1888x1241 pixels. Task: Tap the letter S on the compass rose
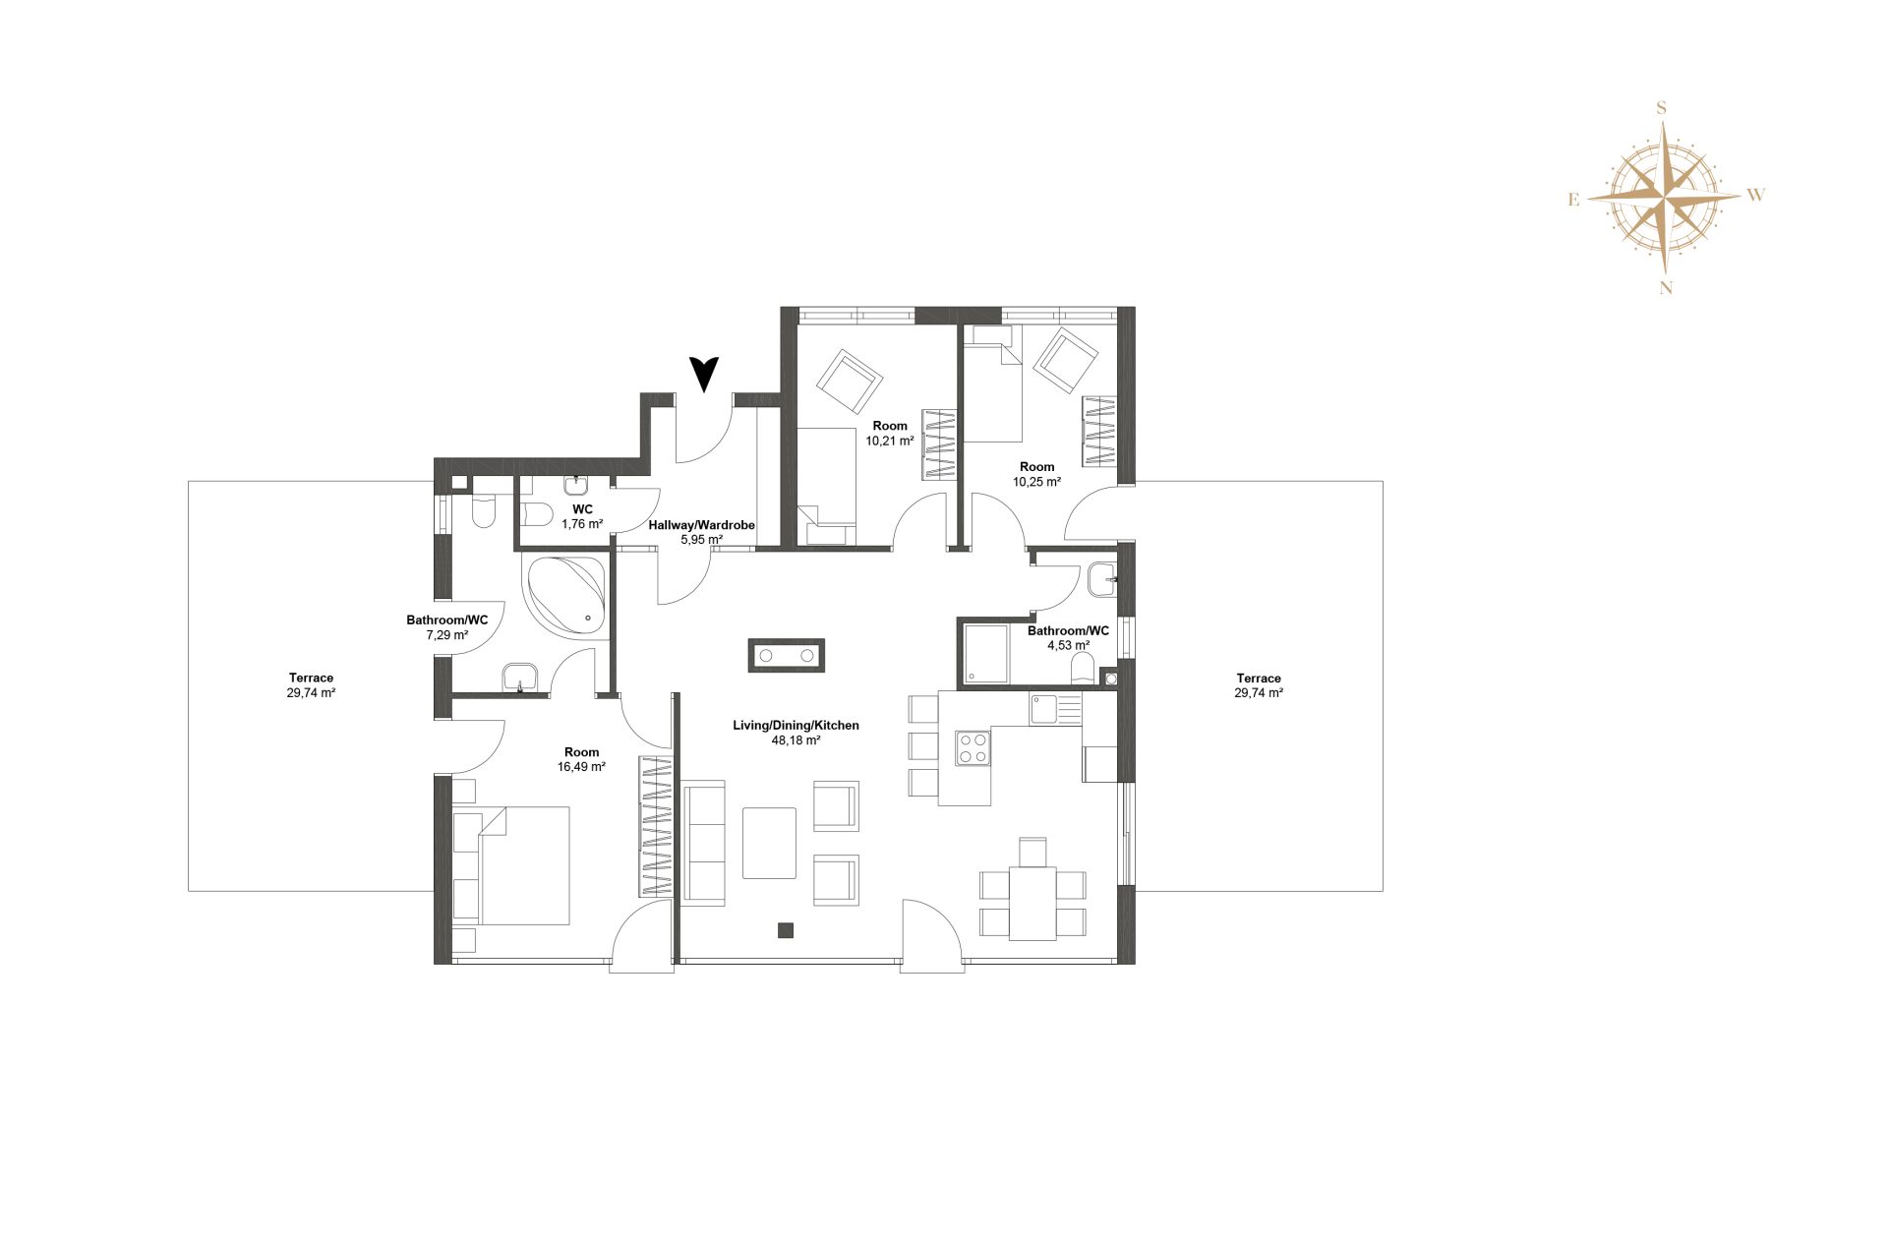click(1662, 108)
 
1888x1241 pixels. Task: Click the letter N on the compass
click(1666, 288)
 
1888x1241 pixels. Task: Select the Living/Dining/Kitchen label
click(796, 726)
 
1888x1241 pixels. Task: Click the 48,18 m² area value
click(796, 740)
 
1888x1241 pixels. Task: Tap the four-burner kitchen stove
click(973, 747)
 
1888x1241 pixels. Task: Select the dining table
click(1032, 903)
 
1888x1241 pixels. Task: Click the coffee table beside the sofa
click(769, 843)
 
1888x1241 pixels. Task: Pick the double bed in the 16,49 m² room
click(511, 865)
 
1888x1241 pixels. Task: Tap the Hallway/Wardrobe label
click(701, 525)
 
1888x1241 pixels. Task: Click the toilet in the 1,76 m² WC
click(536, 512)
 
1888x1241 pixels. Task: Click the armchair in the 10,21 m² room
click(850, 382)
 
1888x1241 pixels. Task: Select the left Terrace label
click(311, 678)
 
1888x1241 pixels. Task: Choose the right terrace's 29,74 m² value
click(1259, 693)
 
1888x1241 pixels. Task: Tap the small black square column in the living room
click(785, 929)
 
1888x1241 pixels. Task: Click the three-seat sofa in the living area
click(704, 843)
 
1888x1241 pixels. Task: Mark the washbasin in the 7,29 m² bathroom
click(520, 678)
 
